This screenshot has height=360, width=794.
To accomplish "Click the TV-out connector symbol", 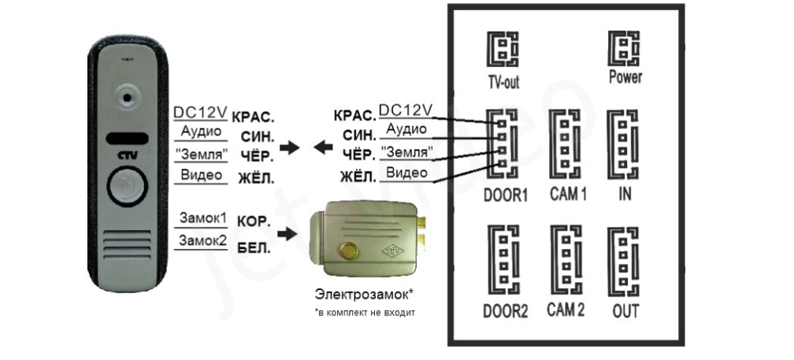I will coord(502,51).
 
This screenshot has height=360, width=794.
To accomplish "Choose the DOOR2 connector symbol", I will coord(503,260).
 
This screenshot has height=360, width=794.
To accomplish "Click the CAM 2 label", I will coord(566,309).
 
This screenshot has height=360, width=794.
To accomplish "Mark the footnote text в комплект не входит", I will coord(364,313).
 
